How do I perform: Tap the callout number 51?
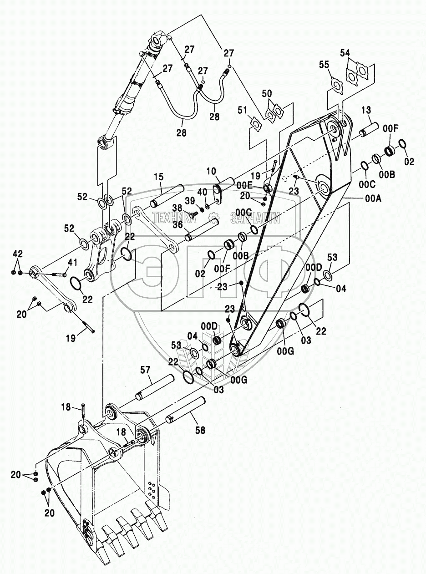coord(242,109)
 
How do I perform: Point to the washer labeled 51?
coord(256,124)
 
